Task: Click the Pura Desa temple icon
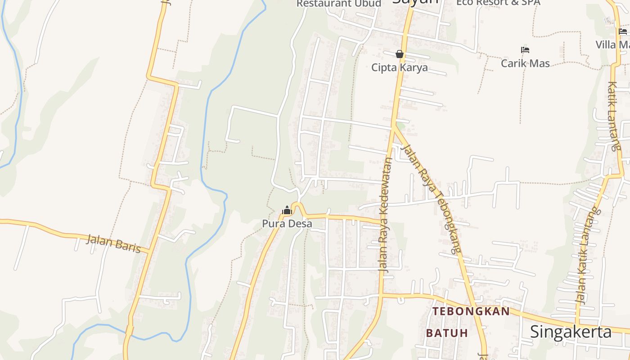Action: point(287,210)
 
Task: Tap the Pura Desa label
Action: point(287,223)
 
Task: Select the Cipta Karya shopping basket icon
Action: point(399,54)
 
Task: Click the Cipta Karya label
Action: point(399,68)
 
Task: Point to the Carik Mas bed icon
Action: point(525,50)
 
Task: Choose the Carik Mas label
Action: point(525,63)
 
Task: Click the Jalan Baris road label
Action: point(113,243)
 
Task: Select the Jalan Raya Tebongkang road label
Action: point(431,198)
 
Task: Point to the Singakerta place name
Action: point(571,332)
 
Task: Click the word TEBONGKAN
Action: point(471,311)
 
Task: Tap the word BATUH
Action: point(447,333)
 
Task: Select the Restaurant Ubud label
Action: point(338,4)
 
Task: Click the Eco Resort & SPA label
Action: point(498,3)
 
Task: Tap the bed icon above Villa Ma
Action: point(623,31)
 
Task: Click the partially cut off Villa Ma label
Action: point(612,45)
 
